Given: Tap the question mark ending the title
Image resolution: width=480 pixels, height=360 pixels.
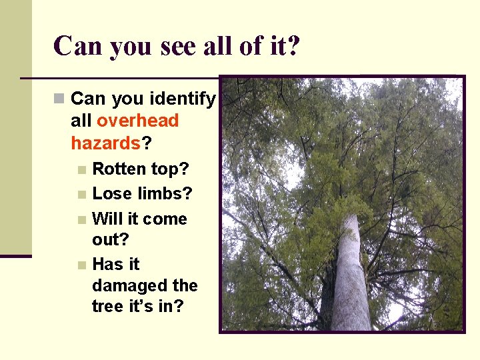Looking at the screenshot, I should [x=294, y=45].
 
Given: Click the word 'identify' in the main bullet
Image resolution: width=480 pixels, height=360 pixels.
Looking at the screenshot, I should [x=183, y=99].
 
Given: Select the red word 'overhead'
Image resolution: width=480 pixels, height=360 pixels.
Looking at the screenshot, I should [x=138, y=121].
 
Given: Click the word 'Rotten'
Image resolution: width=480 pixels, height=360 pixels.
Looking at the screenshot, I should [x=119, y=169].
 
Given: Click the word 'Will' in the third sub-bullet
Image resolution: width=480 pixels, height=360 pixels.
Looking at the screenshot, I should [x=106, y=219].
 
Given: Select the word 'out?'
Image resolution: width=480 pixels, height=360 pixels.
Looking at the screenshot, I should [x=110, y=239].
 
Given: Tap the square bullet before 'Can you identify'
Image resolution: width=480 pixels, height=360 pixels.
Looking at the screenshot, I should [x=59, y=99].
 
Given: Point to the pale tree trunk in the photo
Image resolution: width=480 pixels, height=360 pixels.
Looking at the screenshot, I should [x=349, y=280].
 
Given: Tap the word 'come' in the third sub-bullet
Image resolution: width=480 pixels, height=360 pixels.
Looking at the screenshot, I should [x=165, y=219].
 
